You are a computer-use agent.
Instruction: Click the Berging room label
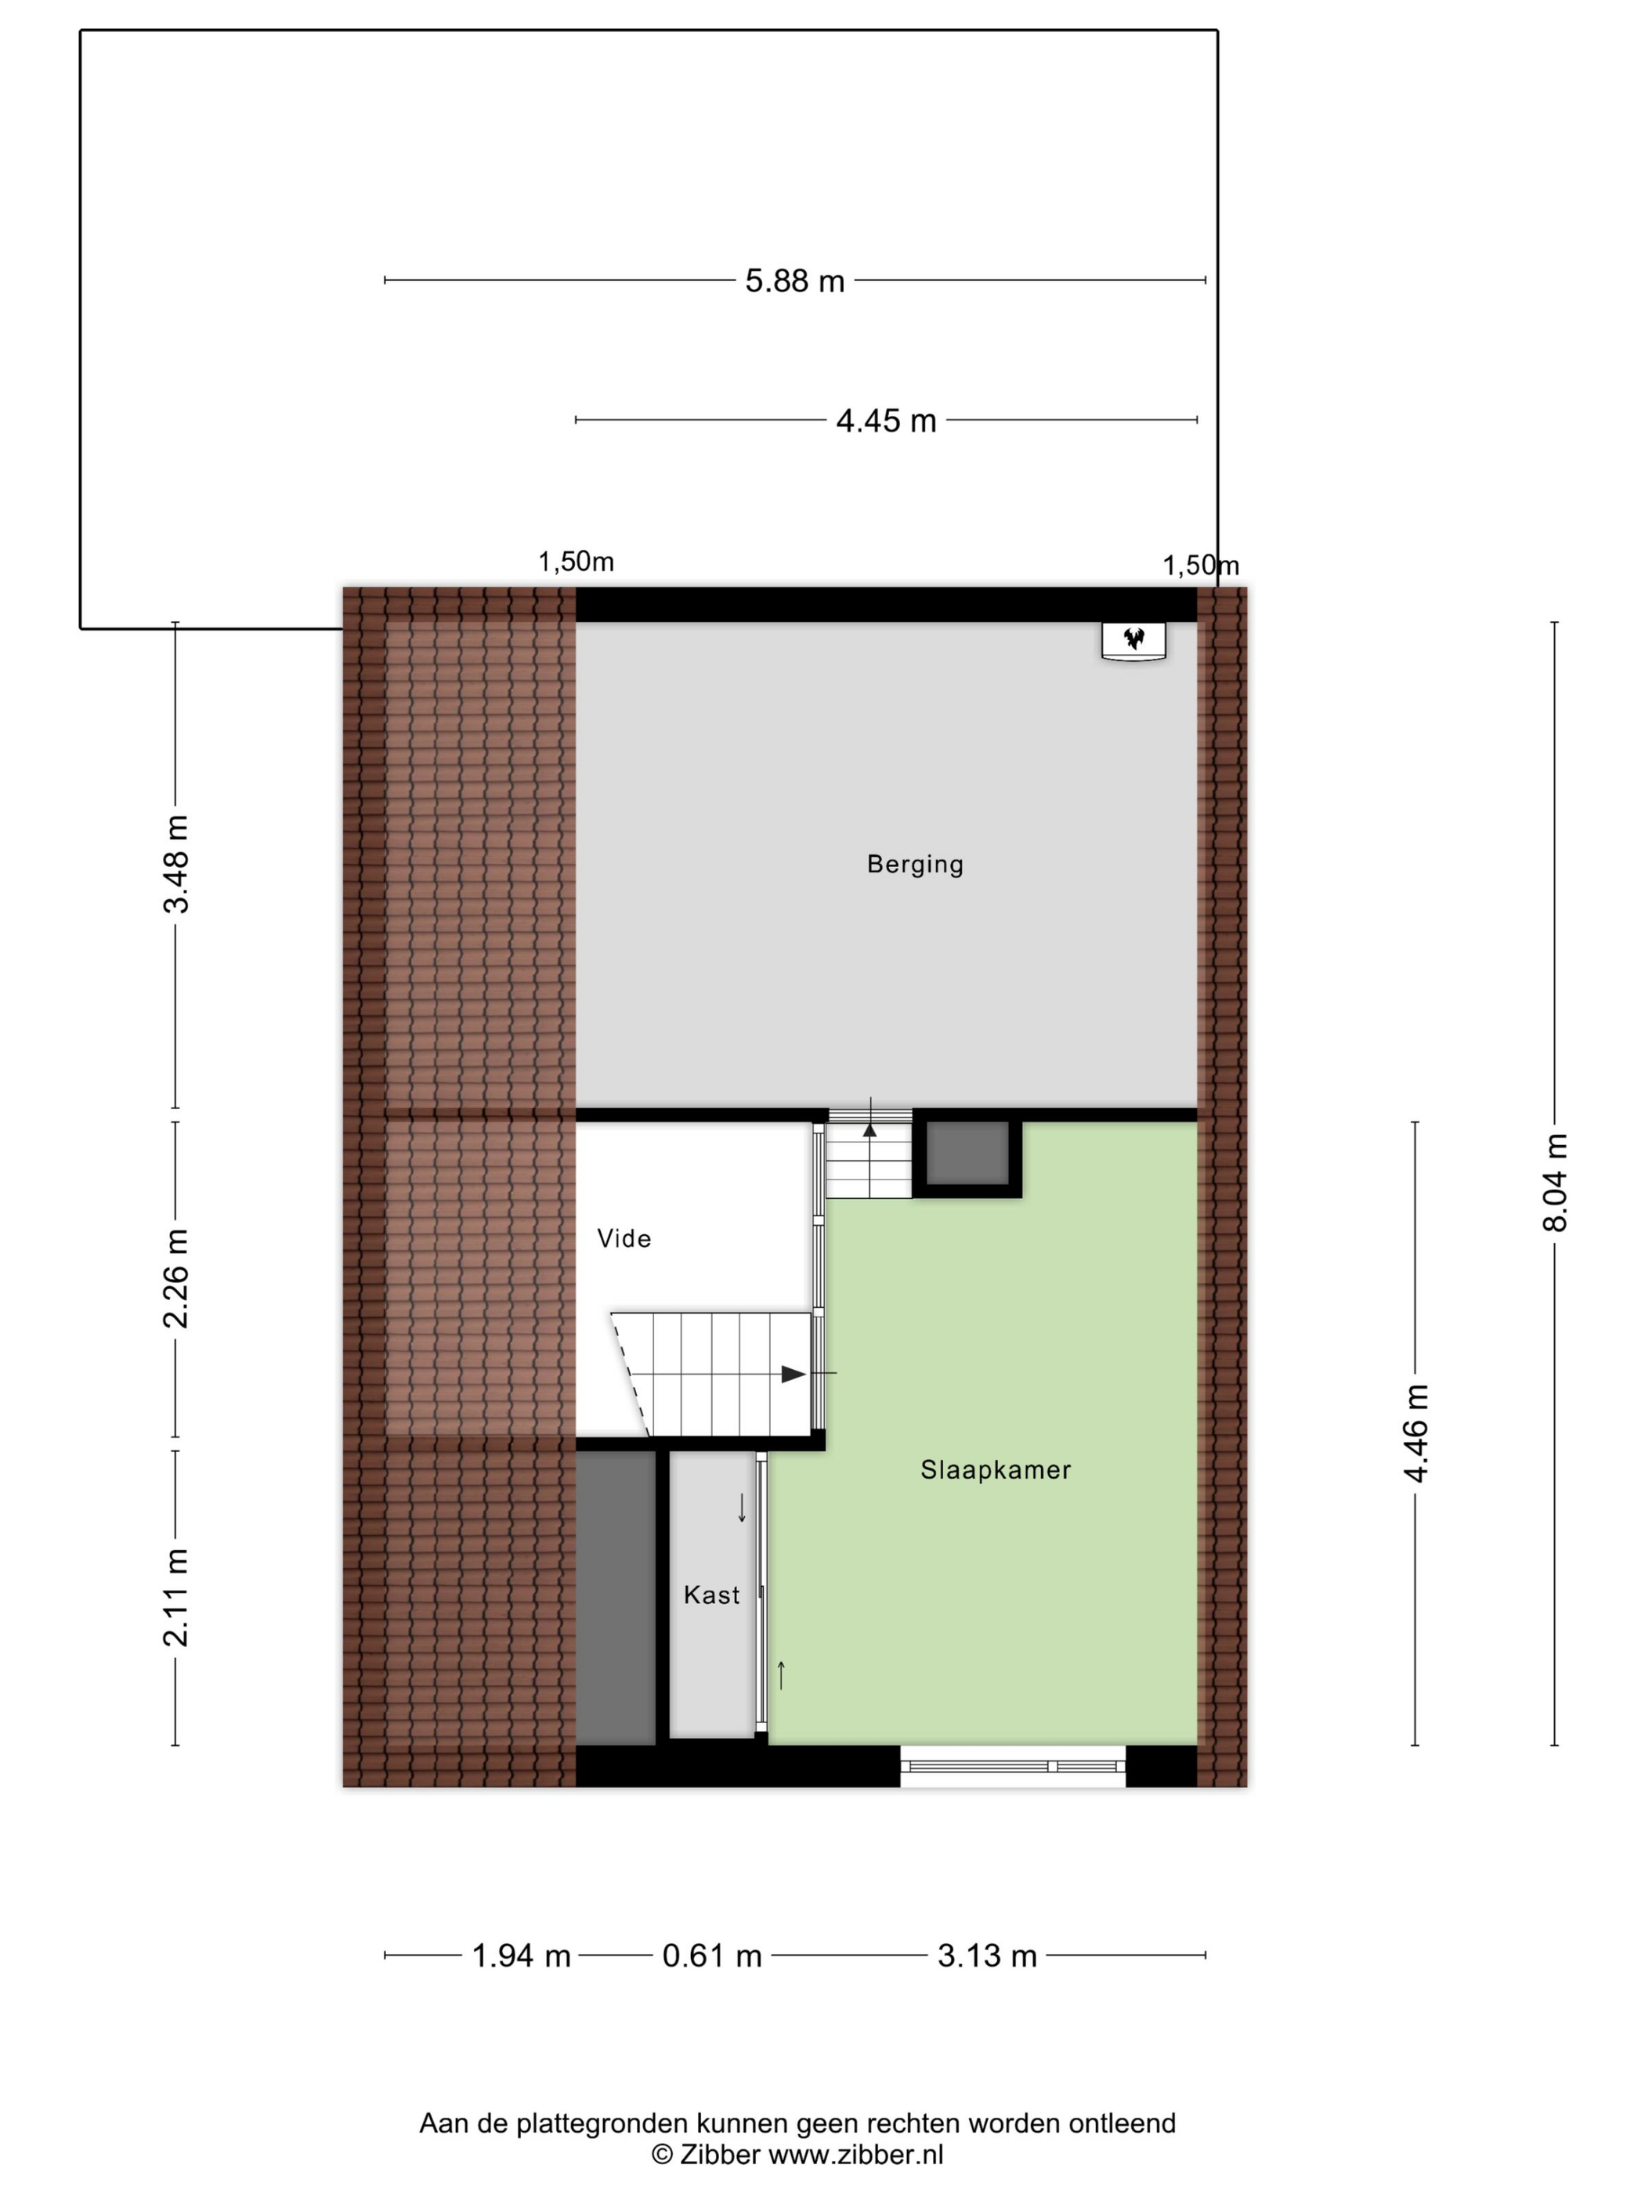pyautogui.click(x=914, y=864)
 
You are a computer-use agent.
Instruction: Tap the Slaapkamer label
pyautogui.click(x=996, y=1469)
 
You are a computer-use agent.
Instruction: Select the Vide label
pyautogui.click(x=624, y=1238)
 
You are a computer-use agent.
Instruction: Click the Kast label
pyautogui.click(x=712, y=1595)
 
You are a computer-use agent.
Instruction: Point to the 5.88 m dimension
pyautogui.click(x=794, y=281)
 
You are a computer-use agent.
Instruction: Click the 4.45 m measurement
pyautogui.click(x=885, y=421)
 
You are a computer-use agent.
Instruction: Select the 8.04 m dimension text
pyautogui.click(x=1555, y=1183)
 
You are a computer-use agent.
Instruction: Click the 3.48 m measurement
pyautogui.click(x=176, y=864)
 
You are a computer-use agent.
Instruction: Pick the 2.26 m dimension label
pyautogui.click(x=176, y=1279)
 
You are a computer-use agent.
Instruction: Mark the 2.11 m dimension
pyautogui.click(x=176, y=1597)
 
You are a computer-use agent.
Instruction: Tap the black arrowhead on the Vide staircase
pyautogui.click(x=794, y=1374)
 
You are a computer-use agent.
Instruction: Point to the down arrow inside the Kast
pyautogui.click(x=742, y=1507)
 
